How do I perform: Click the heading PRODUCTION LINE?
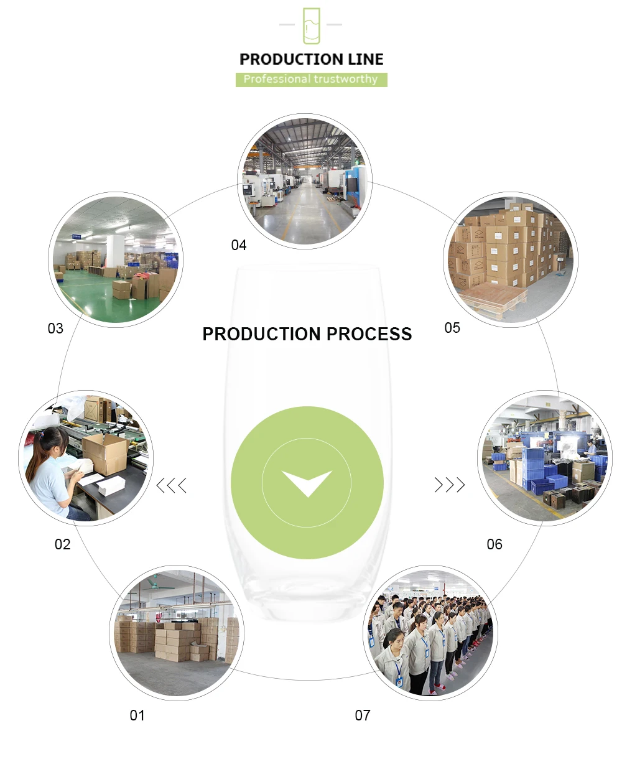tap(311, 60)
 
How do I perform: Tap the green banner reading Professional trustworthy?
tap(311, 80)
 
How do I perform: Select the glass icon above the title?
tap(311, 26)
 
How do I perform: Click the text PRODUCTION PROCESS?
tap(307, 334)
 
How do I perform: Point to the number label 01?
tap(137, 715)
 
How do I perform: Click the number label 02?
tap(62, 544)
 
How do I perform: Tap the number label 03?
tap(55, 328)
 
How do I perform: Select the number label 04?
tap(239, 245)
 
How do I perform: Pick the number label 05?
tap(452, 328)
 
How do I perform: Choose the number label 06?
tap(494, 544)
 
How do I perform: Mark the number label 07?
tap(363, 715)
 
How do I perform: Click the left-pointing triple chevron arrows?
tap(172, 485)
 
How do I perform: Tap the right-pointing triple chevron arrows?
tap(449, 485)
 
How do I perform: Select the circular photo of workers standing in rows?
tap(430, 633)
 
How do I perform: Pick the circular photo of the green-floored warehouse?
tap(116, 259)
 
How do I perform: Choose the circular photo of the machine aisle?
tap(305, 180)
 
